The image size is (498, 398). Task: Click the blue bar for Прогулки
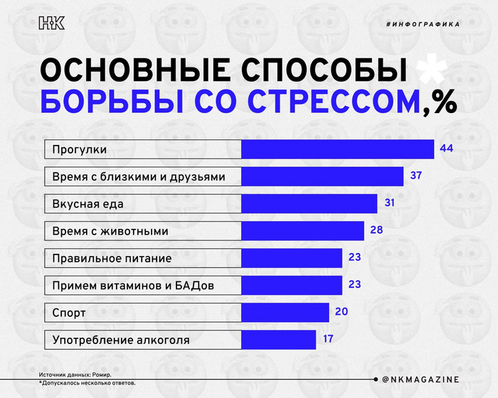[338, 149]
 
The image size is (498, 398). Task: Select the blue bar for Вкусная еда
[309, 204]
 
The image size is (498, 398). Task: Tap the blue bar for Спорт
[285, 313]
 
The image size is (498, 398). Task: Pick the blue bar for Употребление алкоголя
[279, 340]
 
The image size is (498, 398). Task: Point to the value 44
[447, 149]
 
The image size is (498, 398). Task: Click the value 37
[416, 176]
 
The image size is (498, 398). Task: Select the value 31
[390, 203]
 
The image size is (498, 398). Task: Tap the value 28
[376, 230]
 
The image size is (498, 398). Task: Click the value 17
[328, 339]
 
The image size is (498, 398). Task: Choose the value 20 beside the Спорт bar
[341, 312]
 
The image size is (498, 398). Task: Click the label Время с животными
[110, 231]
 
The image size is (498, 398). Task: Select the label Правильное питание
[112, 258]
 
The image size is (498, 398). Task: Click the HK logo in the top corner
[51, 23]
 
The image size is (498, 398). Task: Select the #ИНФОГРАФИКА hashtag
[423, 24]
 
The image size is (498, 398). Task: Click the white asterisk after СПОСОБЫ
[430, 70]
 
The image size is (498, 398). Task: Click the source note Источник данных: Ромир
[75, 375]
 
